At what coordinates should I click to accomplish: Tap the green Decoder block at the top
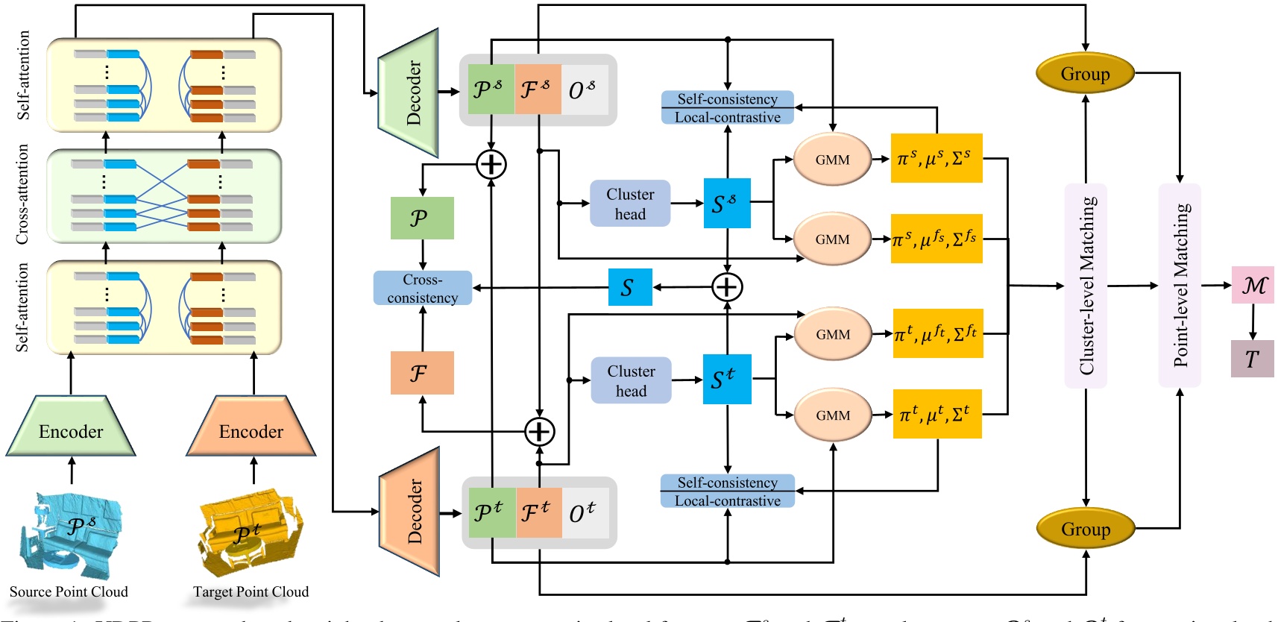coord(409,92)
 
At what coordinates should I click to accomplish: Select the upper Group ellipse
coord(1085,73)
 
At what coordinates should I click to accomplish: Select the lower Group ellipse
coord(1086,529)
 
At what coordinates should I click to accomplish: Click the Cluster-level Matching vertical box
coord(1086,286)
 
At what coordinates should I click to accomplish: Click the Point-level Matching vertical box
coord(1180,286)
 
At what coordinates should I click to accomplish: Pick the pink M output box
coord(1253,285)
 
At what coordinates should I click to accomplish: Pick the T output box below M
coord(1252,359)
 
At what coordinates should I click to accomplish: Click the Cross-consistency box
coord(423,288)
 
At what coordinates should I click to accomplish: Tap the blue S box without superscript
coord(630,287)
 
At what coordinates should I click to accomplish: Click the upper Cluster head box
coord(630,203)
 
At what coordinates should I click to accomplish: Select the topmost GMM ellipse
coord(832,160)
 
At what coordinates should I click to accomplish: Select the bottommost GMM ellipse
coord(833,415)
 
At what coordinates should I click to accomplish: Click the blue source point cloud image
coord(71,533)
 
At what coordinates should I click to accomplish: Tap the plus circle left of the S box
coord(727,287)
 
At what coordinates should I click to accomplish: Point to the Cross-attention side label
coord(22,195)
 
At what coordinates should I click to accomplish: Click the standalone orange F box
coord(422,373)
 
